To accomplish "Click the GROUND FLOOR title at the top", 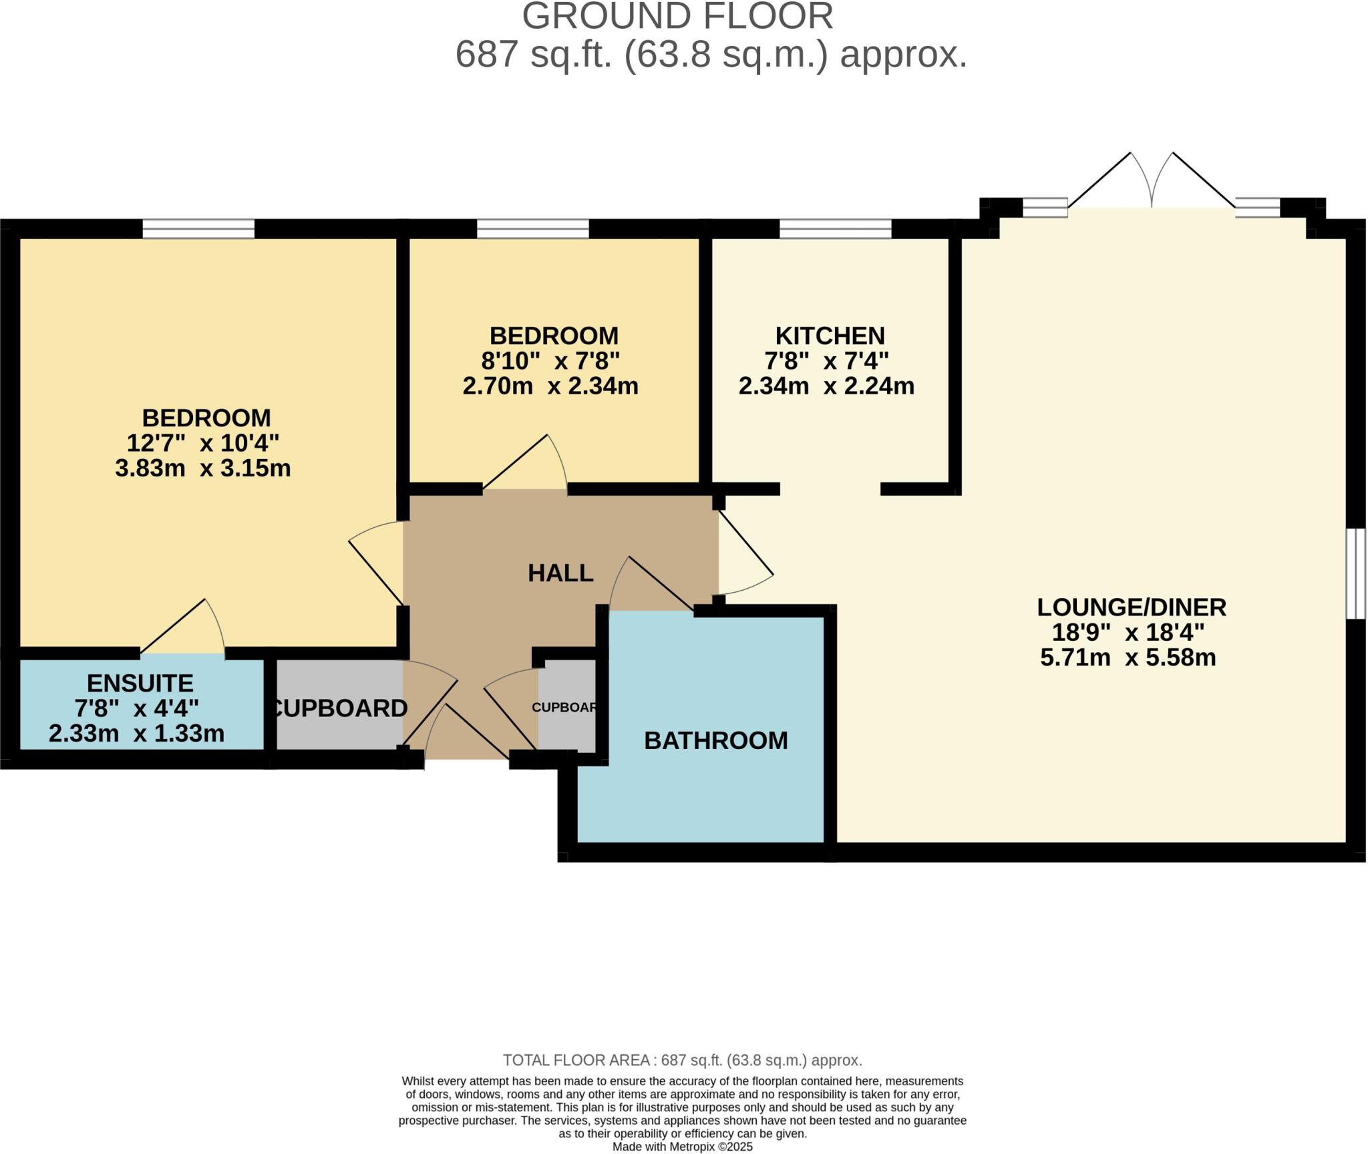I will click(x=677, y=16).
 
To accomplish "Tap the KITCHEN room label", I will click(x=830, y=335).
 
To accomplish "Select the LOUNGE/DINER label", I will click(x=1131, y=607).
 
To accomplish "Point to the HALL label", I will click(x=560, y=573).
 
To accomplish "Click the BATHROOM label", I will click(x=715, y=740).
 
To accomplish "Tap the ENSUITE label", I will click(x=140, y=683).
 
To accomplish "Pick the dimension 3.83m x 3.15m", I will click(x=203, y=468).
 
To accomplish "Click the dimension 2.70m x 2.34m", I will click(x=550, y=386).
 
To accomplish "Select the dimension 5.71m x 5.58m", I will click(x=1128, y=658).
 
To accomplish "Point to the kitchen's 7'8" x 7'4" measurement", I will click(x=826, y=361).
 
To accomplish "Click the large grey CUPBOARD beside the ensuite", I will click(x=339, y=708).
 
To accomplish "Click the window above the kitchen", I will click(x=835, y=229).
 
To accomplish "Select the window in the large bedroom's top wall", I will click(x=198, y=229).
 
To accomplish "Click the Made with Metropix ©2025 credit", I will click(x=682, y=1147).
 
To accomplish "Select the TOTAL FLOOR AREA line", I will click(x=682, y=1060).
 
